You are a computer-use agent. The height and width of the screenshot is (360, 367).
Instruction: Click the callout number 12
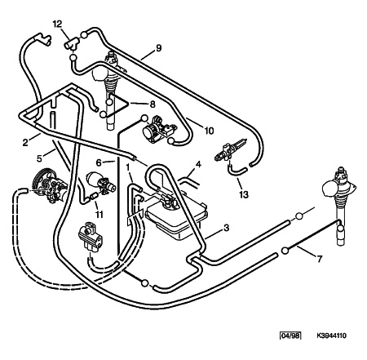[x=57, y=24]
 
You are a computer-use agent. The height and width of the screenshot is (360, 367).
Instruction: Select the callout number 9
[x=158, y=48]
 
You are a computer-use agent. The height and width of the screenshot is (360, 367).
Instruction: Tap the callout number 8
[x=153, y=104]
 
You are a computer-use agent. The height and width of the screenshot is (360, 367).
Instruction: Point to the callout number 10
[x=209, y=131]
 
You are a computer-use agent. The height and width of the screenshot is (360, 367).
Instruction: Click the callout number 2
[x=25, y=142]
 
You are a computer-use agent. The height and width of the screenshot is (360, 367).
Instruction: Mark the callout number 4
[x=198, y=165]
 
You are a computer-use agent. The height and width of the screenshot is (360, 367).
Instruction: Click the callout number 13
[x=244, y=194]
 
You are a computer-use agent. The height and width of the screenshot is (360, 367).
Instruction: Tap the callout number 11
[x=99, y=215]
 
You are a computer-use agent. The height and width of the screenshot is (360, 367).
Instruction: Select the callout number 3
[x=227, y=228]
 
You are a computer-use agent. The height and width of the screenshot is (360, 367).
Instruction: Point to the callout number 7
[x=320, y=259]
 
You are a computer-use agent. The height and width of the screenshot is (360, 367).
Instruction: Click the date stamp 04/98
[x=290, y=336]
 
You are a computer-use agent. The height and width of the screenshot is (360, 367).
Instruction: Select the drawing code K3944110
[x=331, y=336]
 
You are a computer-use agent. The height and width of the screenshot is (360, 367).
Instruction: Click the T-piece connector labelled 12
[x=72, y=44]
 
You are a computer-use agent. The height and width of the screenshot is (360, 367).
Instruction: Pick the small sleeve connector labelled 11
[x=94, y=196]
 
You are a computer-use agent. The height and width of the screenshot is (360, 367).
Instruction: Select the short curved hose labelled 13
[x=237, y=171]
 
